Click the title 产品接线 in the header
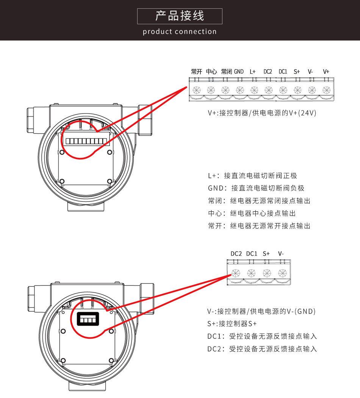click(x=180, y=16)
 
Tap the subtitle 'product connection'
click(x=180, y=31)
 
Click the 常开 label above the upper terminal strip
click(x=197, y=72)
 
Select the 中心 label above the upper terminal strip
click(x=211, y=72)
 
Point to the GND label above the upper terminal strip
click(x=239, y=72)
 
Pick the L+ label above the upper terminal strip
click(x=253, y=72)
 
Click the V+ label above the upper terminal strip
click(x=326, y=72)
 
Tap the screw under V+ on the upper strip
click(x=327, y=90)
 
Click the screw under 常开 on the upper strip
click(x=197, y=90)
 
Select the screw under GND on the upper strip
click(x=240, y=90)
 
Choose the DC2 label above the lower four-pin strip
click(x=236, y=254)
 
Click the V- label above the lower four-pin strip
click(x=281, y=254)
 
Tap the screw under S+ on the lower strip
click(x=267, y=273)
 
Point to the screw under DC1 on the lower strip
click(x=251, y=273)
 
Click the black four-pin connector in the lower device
click(x=88, y=319)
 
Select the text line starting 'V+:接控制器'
click(x=262, y=113)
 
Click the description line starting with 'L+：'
click(x=252, y=176)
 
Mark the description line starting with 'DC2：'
click(x=262, y=349)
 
